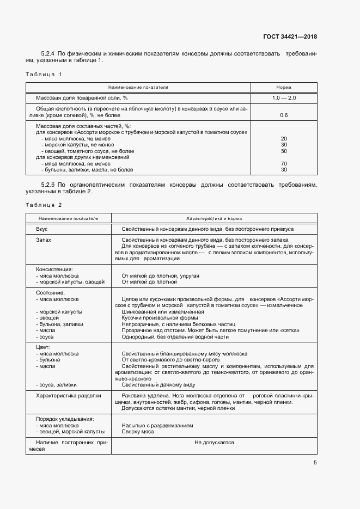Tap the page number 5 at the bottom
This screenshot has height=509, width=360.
click(315, 463)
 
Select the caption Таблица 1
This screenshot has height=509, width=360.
click(44, 73)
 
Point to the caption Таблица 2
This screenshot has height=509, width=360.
click(44, 204)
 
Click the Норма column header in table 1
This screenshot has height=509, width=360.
click(283, 87)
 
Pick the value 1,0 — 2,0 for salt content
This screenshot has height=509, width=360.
click(283, 97)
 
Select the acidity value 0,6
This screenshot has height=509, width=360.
click(283, 115)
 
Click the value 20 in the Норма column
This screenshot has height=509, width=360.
click(283, 138)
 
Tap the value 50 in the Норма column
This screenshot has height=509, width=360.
click(283, 151)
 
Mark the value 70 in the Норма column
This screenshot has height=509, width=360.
click(283, 163)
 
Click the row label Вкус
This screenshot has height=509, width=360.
click(42, 229)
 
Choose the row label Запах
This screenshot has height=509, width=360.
click(44, 240)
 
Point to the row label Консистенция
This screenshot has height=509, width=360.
click(54, 269)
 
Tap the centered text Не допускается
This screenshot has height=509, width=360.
click(214, 442)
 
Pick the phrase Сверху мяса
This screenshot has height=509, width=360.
click(138, 432)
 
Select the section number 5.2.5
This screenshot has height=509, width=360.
click(50, 185)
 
